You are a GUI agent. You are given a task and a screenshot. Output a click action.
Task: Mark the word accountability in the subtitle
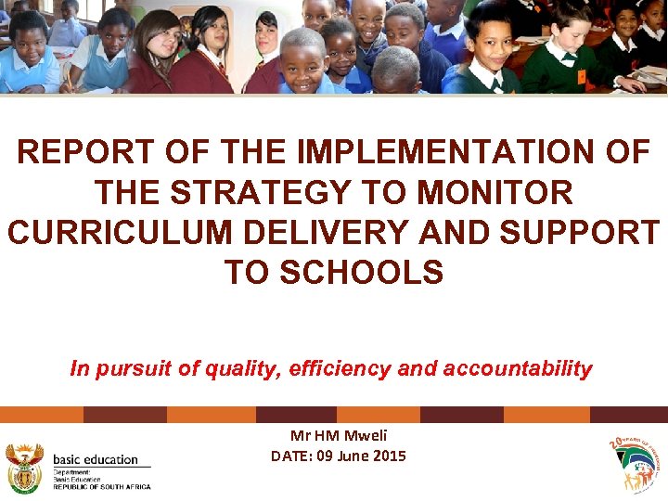(x=518, y=369)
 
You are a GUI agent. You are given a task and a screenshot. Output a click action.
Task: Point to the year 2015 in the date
(x=387, y=456)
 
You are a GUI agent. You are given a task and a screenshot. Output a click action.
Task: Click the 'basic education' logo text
(x=96, y=459)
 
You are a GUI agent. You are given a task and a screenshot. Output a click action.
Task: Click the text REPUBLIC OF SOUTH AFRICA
(x=101, y=486)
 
